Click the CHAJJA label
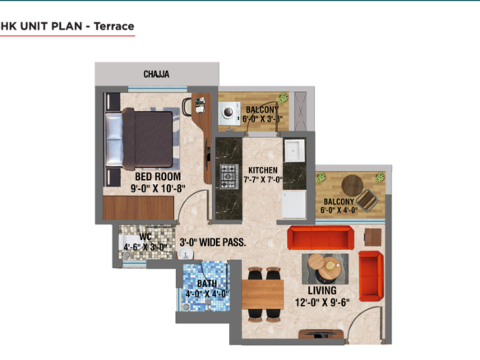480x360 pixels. (156, 74)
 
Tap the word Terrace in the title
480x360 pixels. (114, 26)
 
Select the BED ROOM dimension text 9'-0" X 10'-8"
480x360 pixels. (158, 188)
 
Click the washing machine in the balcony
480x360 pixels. (229, 113)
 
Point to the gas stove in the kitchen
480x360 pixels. (228, 176)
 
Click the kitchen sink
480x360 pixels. (294, 150)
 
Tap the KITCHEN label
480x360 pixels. (263, 170)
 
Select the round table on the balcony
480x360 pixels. (353, 186)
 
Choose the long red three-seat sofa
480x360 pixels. (321, 238)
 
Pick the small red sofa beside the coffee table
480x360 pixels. (371, 276)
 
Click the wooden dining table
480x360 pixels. (262, 294)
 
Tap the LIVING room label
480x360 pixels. (322, 290)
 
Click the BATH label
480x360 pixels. (207, 284)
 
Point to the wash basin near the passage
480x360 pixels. (186, 253)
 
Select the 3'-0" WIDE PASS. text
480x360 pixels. (213, 242)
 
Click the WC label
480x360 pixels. (145, 237)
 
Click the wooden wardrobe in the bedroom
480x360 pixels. (138, 208)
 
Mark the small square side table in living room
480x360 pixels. (373, 237)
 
